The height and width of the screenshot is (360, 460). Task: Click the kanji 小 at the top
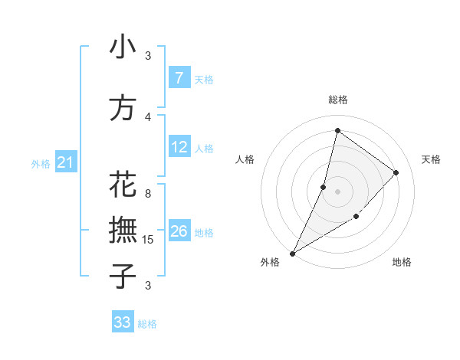(123, 47)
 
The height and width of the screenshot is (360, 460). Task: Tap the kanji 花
(123, 186)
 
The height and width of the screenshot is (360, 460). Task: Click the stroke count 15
(149, 240)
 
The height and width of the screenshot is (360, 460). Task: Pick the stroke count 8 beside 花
(148, 194)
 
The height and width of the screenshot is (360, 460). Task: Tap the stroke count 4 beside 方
(148, 116)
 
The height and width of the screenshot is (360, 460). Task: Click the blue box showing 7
(179, 77)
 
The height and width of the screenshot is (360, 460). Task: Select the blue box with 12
(179, 147)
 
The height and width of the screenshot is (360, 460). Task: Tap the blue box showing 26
(179, 231)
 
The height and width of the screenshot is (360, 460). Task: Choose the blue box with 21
(64, 162)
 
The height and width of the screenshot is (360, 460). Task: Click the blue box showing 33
(123, 322)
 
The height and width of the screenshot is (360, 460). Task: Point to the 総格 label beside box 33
(148, 324)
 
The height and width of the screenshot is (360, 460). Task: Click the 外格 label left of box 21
(41, 164)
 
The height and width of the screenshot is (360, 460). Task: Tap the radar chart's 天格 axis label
(431, 159)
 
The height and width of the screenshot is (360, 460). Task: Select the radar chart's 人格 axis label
(245, 159)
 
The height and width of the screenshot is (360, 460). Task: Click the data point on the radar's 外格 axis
(292, 253)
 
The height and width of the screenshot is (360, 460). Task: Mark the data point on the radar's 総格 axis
(337, 130)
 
